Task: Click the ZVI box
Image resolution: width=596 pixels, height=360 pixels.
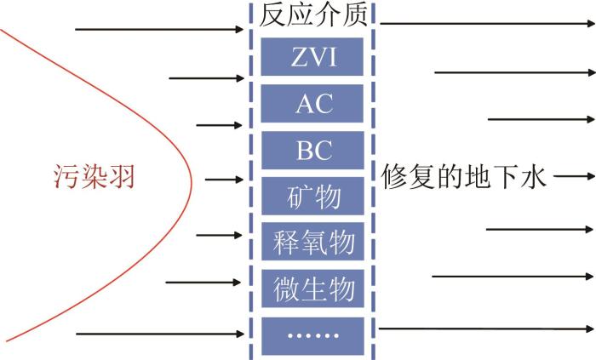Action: [312, 56]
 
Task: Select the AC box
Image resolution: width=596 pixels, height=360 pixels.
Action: [312, 104]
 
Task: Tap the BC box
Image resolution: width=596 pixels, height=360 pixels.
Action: [312, 151]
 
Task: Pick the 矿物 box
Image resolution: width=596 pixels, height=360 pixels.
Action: [312, 196]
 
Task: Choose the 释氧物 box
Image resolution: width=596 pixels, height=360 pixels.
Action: [312, 242]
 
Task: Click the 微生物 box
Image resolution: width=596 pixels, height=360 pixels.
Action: [312, 289]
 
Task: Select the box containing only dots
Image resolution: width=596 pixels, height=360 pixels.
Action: [312, 336]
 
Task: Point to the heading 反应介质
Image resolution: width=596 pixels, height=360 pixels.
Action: [313, 15]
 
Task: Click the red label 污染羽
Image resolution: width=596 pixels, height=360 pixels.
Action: [95, 176]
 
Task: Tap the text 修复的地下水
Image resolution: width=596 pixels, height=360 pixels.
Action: [464, 176]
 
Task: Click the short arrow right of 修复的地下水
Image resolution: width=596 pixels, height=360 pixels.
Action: [574, 176]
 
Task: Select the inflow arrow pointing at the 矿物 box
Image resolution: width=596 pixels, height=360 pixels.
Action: [224, 180]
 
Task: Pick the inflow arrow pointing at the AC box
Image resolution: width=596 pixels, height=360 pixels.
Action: [206, 78]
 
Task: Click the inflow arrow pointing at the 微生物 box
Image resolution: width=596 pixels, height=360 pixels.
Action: [203, 283]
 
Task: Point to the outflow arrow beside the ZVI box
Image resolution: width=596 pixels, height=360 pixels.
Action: [515, 72]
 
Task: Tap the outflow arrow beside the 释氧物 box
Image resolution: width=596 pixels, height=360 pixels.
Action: [540, 230]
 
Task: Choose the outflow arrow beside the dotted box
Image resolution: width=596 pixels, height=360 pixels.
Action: [486, 329]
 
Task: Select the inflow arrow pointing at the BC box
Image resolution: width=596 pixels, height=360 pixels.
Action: [220, 125]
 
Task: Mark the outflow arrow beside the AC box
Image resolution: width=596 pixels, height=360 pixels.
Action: [542, 119]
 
